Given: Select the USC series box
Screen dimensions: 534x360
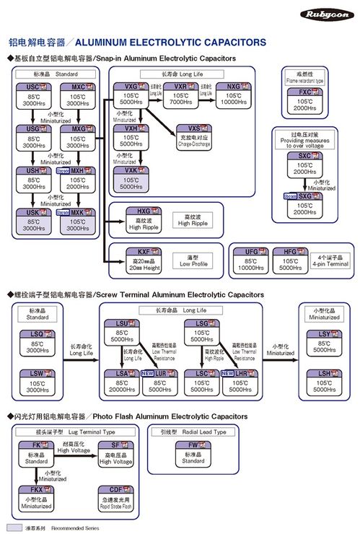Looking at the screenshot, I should click(33, 97).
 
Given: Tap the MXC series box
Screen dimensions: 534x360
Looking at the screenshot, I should click(77, 97).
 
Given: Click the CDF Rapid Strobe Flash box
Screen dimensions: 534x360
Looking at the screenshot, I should click(116, 499).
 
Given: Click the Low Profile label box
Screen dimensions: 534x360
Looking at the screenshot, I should click(193, 259).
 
